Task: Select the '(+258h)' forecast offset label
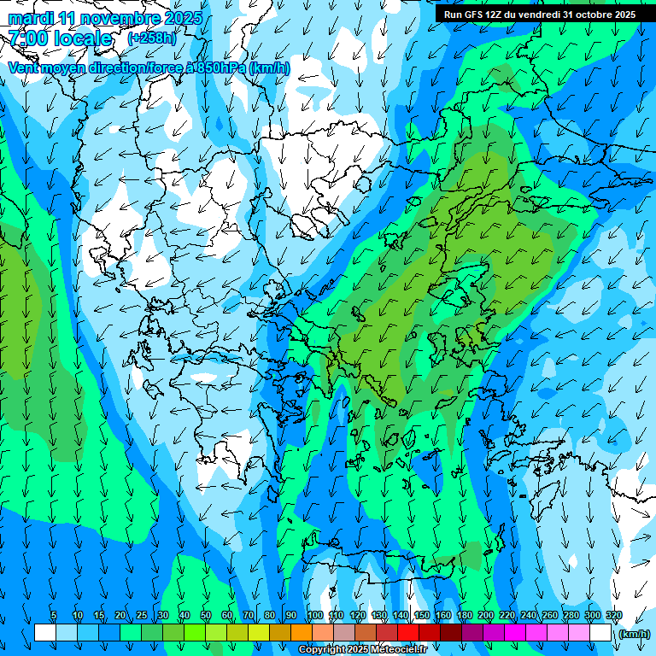(x=151, y=38)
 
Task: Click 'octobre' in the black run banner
(x=595, y=15)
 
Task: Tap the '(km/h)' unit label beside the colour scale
(x=633, y=633)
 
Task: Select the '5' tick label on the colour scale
(x=54, y=616)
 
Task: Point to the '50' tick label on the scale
(x=205, y=616)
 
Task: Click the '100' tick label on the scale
(x=314, y=616)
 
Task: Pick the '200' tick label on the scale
(x=485, y=616)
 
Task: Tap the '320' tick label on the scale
(x=613, y=616)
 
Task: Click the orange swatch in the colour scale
(x=302, y=633)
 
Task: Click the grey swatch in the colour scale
(x=344, y=633)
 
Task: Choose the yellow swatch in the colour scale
(x=237, y=633)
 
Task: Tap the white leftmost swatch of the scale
(x=45, y=633)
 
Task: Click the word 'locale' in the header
(x=83, y=38)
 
